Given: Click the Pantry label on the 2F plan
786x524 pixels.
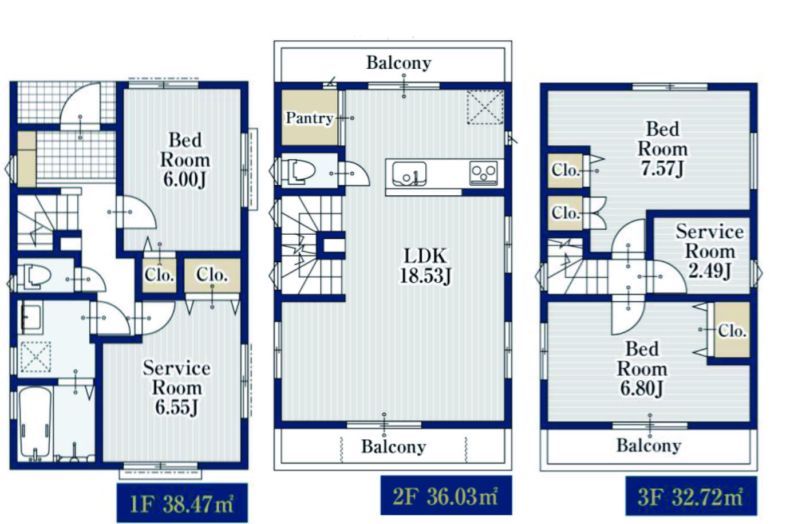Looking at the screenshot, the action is [309, 118].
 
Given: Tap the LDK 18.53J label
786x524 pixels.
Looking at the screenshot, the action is [425, 266].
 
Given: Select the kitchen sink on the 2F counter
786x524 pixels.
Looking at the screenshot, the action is [409, 174].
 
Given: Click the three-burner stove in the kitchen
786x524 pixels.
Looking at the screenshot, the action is [484, 173].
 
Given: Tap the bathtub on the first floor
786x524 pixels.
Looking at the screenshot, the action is [35, 423].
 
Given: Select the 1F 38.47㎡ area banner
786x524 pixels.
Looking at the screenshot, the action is [182, 503].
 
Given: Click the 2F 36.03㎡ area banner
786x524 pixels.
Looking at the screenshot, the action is [446, 495].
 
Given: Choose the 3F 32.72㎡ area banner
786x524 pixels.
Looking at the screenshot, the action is [691, 496].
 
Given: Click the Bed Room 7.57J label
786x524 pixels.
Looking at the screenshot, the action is [662, 149].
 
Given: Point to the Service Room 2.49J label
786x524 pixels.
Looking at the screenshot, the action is [709, 251].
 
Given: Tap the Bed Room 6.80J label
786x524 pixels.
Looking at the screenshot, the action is [642, 369].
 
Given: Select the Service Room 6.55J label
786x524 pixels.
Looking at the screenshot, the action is [176, 388].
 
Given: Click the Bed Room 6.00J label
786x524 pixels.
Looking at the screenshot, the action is [185, 160].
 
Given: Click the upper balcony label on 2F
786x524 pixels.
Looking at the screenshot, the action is [398, 63].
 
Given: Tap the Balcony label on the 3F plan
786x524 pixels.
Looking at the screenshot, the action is [649, 446].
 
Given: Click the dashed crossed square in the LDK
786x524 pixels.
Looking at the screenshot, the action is [485, 107].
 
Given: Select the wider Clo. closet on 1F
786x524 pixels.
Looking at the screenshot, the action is [212, 275].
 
